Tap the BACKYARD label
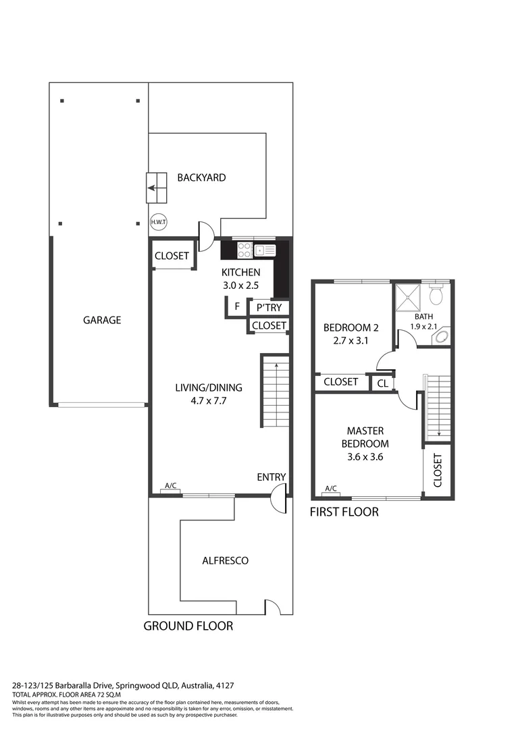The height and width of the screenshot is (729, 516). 201,178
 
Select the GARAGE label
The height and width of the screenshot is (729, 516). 102,320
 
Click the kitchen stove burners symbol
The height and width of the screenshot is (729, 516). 245,250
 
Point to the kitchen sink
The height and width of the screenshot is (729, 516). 265,250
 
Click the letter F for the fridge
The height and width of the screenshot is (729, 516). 236,306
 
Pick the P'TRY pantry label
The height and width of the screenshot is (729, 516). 269,308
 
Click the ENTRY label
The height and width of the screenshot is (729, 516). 271,477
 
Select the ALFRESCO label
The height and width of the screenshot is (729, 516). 225,560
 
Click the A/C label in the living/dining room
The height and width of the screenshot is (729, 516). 171,486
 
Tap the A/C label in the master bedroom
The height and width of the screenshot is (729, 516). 331,489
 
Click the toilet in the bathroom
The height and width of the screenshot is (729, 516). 436,294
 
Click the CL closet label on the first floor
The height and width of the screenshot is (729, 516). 382,383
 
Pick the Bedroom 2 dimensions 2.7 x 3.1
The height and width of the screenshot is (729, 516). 351,341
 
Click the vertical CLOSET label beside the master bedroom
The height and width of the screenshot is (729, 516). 437,470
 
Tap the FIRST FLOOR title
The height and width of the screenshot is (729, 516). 344,512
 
